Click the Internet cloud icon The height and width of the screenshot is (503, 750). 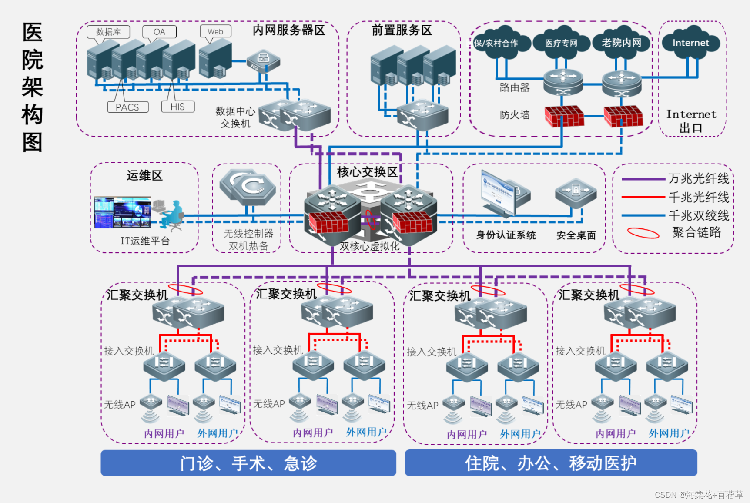click(690, 43)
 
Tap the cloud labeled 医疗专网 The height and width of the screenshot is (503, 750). click(561, 43)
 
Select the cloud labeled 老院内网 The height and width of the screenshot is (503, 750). click(621, 43)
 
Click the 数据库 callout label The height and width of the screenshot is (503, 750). click(108, 32)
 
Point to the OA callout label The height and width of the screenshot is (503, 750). click(159, 32)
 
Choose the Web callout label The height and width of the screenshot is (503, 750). click(215, 31)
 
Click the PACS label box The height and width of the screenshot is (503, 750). click(127, 107)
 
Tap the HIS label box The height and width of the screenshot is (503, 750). click(177, 107)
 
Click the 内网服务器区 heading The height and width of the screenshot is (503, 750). click(289, 30)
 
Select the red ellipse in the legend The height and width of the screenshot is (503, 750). click(643, 233)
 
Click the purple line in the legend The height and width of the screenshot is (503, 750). click(643, 179)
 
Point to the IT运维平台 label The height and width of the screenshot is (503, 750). click(145, 241)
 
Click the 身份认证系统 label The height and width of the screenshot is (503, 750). click(506, 235)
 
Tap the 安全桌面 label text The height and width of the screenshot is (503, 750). click(576, 235)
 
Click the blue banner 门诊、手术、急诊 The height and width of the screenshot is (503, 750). click(248, 463)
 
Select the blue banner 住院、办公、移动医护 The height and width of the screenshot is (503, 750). click(551, 463)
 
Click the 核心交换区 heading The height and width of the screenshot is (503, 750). click(367, 172)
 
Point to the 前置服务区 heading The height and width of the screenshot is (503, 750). click(402, 30)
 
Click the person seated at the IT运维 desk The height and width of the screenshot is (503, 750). click(172, 215)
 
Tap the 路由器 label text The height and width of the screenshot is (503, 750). click(515, 87)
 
